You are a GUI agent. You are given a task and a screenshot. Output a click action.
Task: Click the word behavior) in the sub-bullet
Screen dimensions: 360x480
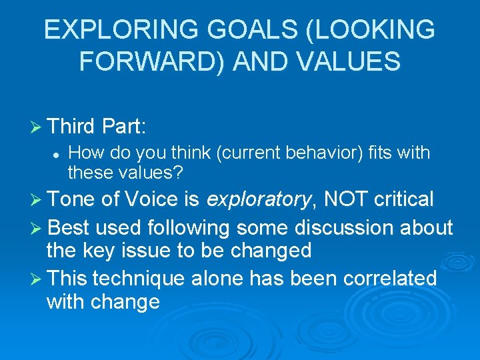pos(330,153)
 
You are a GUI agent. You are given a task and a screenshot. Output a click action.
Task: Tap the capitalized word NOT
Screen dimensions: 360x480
pos(347,199)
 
